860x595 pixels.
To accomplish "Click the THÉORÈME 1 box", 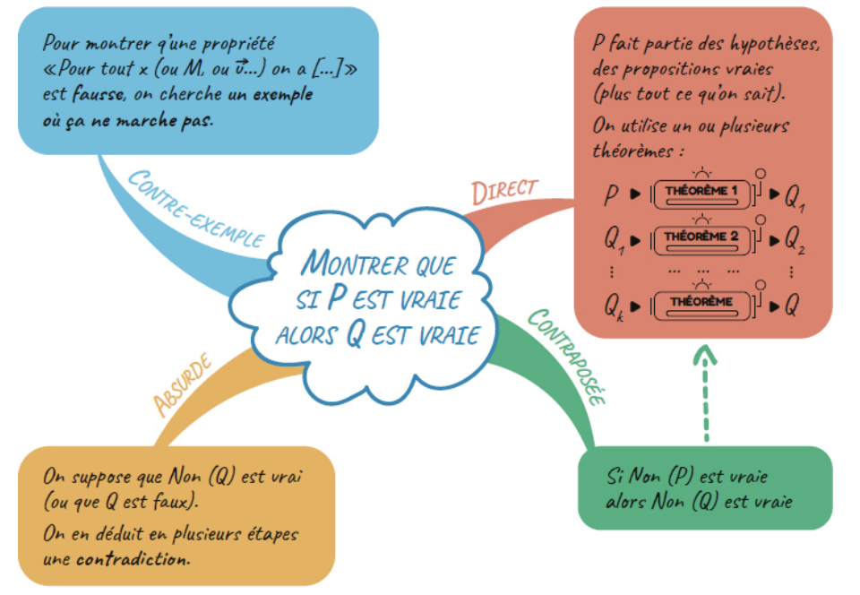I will (701, 193).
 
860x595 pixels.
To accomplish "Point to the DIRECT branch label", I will (503, 191).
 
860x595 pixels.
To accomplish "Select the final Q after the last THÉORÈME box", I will (791, 305).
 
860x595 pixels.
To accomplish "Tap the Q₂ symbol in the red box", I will (795, 239).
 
